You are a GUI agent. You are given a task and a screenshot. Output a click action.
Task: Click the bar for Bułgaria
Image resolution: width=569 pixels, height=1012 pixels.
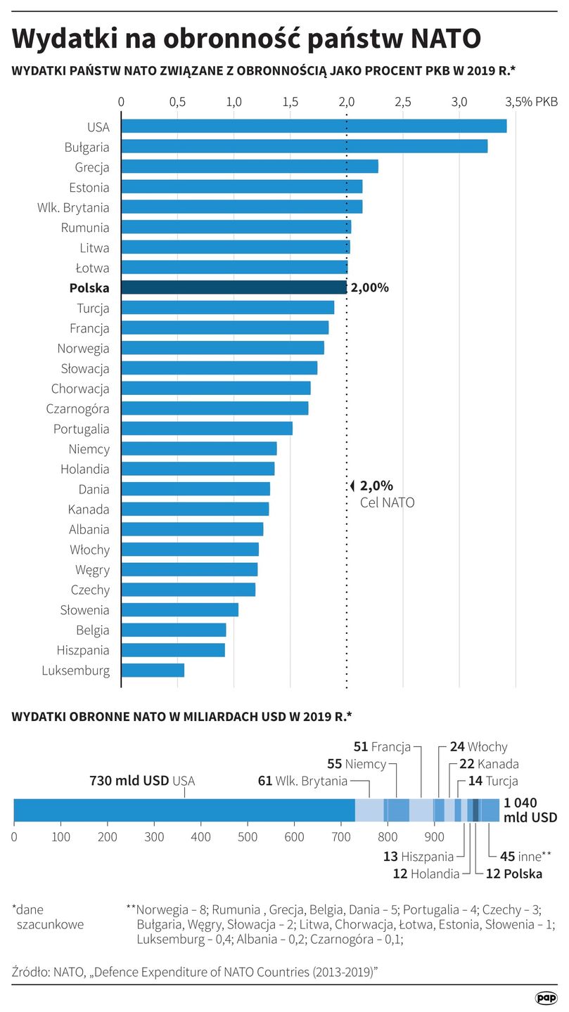(304, 146)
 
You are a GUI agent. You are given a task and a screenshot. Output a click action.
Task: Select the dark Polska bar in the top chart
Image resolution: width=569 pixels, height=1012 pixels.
(234, 287)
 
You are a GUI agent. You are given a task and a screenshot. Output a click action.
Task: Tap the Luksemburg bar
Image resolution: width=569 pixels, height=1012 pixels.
(153, 670)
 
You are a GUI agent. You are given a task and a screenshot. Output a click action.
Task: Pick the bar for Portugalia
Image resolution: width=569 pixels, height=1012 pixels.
(207, 429)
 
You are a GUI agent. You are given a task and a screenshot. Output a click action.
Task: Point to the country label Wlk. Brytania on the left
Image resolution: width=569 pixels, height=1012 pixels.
(73, 207)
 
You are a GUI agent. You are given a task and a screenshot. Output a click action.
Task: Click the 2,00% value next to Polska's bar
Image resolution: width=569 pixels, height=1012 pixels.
(369, 287)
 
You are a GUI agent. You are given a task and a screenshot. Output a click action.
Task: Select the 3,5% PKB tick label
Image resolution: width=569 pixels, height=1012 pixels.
(531, 102)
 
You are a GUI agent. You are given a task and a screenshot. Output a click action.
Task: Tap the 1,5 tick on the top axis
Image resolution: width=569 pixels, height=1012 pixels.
(290, 102)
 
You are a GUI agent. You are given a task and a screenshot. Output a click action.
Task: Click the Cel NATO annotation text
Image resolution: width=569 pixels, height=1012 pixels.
(387, 502)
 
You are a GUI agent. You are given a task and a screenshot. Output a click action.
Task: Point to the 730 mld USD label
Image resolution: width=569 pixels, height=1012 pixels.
(129, 781)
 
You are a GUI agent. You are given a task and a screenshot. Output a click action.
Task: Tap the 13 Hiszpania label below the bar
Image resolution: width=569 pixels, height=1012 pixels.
(418, 857)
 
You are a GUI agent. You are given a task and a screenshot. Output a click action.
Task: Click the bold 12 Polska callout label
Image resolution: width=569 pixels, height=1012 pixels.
(514, 874)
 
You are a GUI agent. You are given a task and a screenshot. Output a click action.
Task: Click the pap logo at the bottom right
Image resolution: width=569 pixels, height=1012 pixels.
(546, 997)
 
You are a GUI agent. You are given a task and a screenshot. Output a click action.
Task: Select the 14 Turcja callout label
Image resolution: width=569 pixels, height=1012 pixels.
(492, 781)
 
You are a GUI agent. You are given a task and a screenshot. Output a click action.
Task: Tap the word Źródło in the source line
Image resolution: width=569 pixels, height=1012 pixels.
(31, 971)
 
